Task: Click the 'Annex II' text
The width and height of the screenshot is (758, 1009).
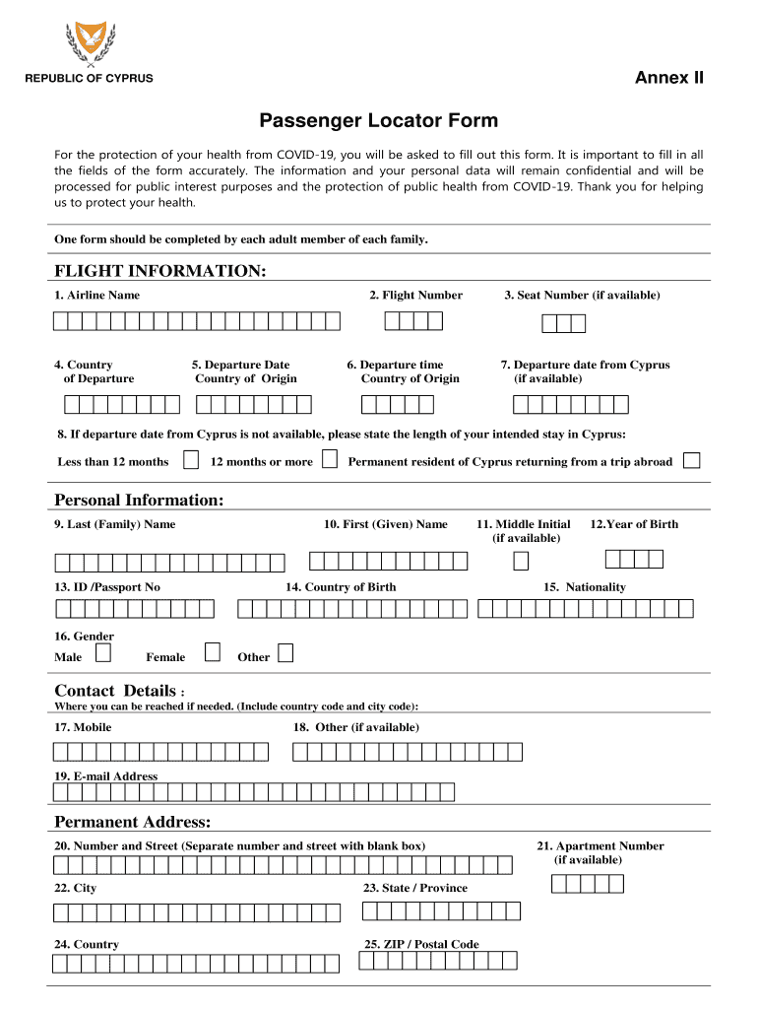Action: pos(668,78)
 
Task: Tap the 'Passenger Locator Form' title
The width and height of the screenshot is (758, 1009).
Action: pos(379,121)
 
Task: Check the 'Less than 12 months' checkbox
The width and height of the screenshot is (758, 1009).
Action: pos(192,460)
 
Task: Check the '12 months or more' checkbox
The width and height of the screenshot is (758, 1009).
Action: pos(330,460)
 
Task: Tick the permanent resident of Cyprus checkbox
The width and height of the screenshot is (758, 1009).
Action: pos(692,460)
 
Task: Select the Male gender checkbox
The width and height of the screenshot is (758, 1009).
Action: pos(103,652)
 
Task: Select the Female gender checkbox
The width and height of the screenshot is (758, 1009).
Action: pos(212,652)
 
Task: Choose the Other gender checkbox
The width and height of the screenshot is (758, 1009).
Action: pos(285,652)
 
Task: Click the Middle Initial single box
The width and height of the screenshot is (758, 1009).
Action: pos(521,561)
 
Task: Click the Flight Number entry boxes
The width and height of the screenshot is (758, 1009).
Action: pos(413,320)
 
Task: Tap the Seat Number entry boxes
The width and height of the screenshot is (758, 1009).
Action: pos(564,324)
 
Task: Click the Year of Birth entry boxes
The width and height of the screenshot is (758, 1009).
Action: pos(634,559)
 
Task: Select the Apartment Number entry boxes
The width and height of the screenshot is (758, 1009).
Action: pos(588,883)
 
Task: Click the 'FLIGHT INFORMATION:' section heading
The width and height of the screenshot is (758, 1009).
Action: pos(159,271)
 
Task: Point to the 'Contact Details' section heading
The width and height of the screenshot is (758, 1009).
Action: pos(115,691)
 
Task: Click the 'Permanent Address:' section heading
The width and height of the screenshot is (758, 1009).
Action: pos(132,822)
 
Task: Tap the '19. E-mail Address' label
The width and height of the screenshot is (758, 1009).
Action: pos(106,776)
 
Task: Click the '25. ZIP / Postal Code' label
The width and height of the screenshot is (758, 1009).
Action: pos(421,944)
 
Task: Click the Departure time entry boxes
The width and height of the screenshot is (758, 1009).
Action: pos(398,404)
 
